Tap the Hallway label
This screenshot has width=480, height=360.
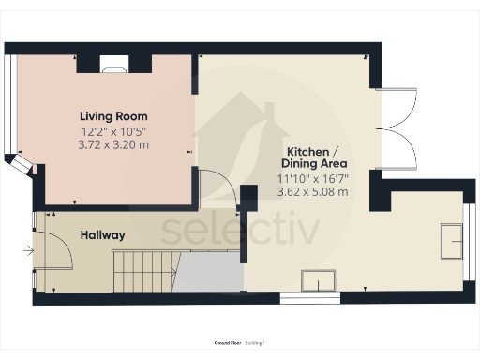(102, 234)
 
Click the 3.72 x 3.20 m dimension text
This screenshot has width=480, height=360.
(114, 145)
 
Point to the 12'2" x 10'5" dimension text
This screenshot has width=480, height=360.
(114, 132)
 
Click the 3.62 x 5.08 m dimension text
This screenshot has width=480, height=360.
(312, 191)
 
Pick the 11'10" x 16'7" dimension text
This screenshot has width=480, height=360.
(312, 178)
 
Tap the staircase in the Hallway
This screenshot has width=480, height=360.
(143, 271)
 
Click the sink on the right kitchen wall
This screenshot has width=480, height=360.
(452, 242)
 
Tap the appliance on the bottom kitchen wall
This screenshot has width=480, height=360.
(319, 280)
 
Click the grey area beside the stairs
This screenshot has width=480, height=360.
(208, 273)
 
